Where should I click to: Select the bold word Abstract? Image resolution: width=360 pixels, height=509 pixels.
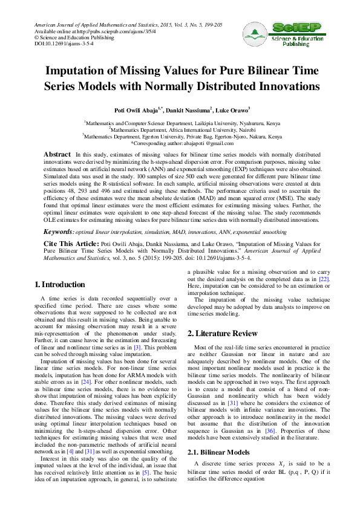tap(57, 155)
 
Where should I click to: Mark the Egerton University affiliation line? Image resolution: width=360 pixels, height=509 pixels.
tap(180, 137)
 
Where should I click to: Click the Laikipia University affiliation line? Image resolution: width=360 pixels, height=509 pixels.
tap(180, 122)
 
